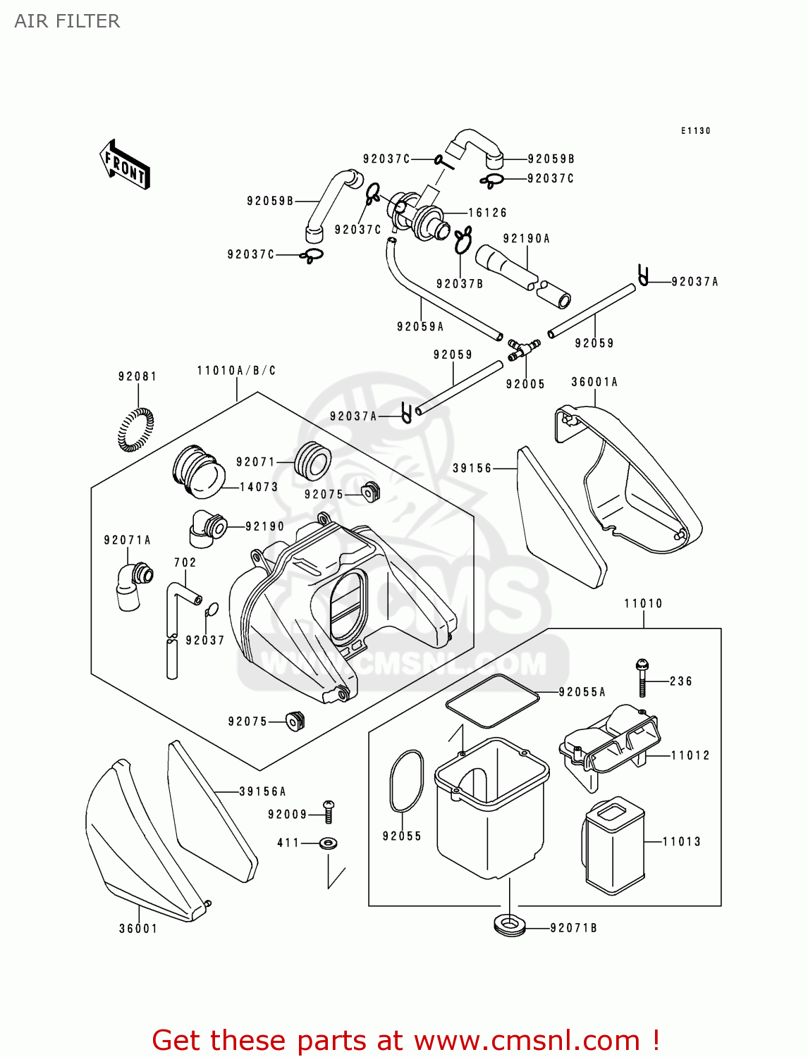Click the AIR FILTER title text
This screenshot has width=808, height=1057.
67,21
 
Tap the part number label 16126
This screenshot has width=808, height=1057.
487,212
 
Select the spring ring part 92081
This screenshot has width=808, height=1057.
135,429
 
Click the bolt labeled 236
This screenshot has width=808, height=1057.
642,677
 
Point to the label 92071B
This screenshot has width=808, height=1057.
573,928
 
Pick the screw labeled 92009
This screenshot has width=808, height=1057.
329,812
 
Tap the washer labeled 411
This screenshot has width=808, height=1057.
328,842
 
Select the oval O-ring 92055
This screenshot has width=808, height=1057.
406,781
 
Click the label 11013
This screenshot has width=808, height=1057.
681,841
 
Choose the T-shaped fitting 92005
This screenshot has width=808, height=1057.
523,348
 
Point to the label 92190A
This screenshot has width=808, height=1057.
526,239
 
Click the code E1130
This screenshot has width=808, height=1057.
695,131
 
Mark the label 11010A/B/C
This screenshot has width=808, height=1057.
236,371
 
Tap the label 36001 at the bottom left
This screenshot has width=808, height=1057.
138,929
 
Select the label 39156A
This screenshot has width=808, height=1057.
262,791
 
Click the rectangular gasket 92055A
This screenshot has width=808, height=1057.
492,700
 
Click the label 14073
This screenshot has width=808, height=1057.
259,487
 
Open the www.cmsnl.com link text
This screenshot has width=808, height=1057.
527,1040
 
